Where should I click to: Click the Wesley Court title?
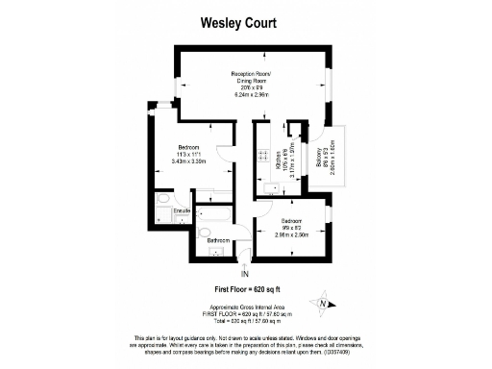(x=245, y=20)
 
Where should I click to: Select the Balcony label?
(x=318, y=153)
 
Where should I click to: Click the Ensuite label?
(x=182, y=209)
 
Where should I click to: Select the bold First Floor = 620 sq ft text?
(x=245, y=288)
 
